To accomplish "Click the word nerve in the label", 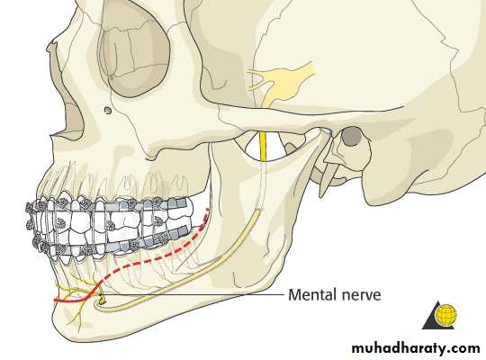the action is (362, 295).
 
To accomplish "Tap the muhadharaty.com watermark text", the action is (416, 348).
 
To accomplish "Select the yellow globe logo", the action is (445, 314).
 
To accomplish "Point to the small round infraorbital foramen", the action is (108, 110).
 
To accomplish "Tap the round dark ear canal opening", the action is (351, 136).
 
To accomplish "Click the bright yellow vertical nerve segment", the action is (263, 147).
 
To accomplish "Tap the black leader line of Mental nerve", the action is (193, 295).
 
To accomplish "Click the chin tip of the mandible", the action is (58, 322).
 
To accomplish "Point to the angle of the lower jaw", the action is (270, 283).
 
